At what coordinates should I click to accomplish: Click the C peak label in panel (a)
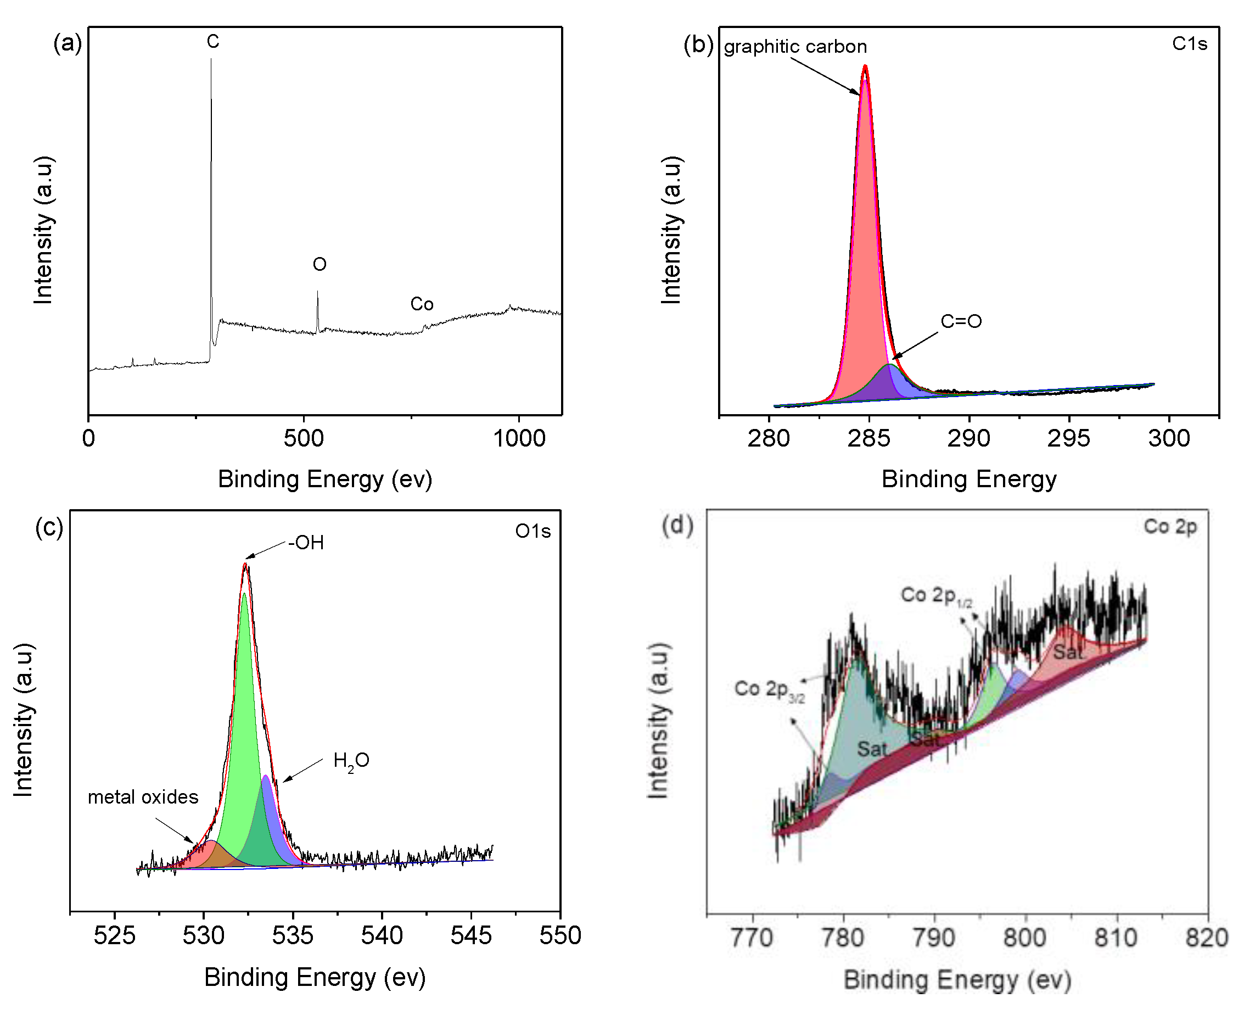point(212,41)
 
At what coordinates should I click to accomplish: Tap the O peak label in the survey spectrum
point(320,264)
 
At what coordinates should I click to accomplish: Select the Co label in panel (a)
point(422,304)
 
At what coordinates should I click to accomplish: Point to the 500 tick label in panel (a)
point(304,438)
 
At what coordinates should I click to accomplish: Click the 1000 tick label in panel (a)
point(519,438)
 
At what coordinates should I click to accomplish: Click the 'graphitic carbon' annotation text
point(795,47)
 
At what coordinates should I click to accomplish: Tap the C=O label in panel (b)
point(961,321)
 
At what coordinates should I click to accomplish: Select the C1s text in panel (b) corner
point(1190,43)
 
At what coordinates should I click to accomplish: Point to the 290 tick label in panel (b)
point(969,438)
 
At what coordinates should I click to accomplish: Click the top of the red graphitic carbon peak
point(865,67)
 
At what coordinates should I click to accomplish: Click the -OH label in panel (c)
point(306,542)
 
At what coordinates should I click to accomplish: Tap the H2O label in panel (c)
point(351,761)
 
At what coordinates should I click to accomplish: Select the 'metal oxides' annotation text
point(143,797)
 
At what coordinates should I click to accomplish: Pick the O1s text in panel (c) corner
point(533,531)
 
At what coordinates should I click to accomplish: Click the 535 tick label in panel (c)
point(293,936)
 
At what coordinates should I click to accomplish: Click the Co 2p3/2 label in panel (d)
point(769,690)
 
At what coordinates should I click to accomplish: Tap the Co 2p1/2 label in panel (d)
point(935,596)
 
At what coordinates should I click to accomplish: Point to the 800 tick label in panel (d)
point(1025,938)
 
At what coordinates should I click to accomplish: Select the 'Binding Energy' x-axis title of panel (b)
point(969,480)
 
